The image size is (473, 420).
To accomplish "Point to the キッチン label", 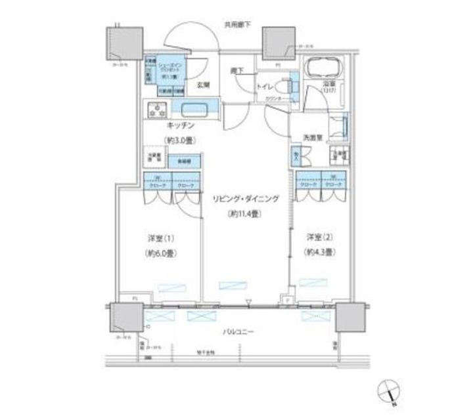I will (179, 125).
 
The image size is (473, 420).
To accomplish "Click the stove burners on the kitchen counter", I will (158, 111).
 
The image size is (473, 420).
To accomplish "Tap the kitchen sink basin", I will (194, 110).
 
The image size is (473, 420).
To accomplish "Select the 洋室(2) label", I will (320, 236).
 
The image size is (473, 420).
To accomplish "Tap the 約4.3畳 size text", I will (320, 252).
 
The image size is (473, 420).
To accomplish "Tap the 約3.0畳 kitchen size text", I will (178, 140).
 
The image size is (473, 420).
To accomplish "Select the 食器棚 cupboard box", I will (177, 161).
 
